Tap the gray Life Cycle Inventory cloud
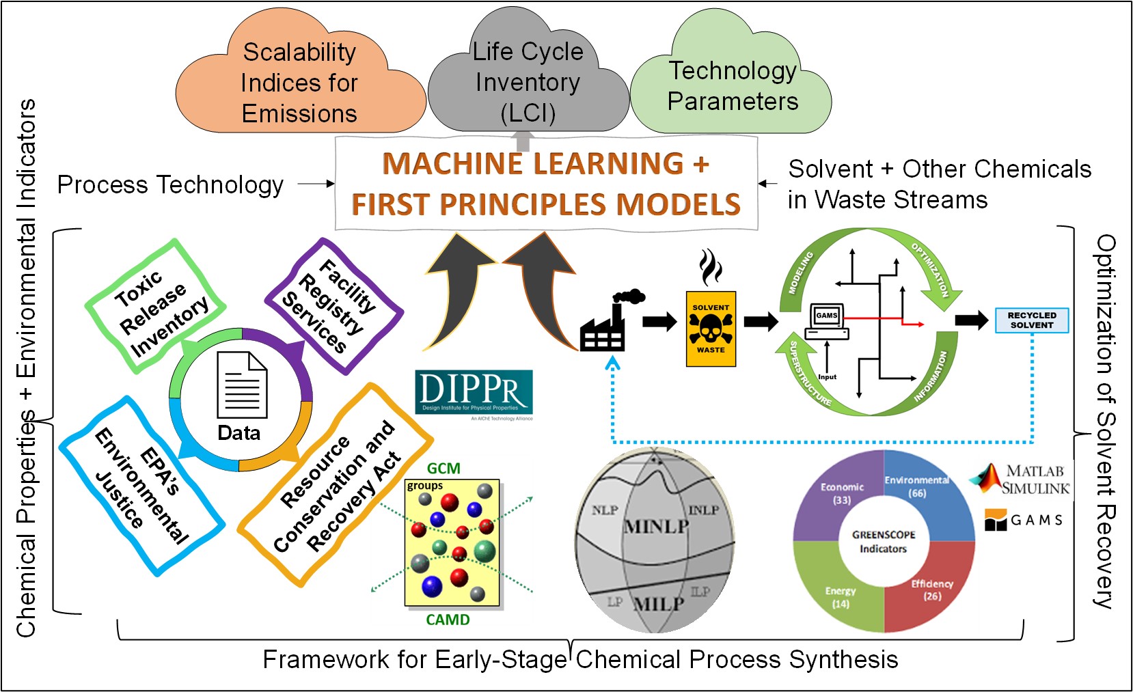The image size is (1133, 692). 528,82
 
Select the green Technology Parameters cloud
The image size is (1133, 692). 732,85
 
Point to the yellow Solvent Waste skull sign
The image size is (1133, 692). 711,329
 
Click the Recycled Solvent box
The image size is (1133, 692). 1031,320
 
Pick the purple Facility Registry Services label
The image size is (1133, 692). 333,306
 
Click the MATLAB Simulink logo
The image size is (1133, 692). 1022,479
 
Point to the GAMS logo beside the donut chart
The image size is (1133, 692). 1023,520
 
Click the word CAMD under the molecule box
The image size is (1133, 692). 448,620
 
